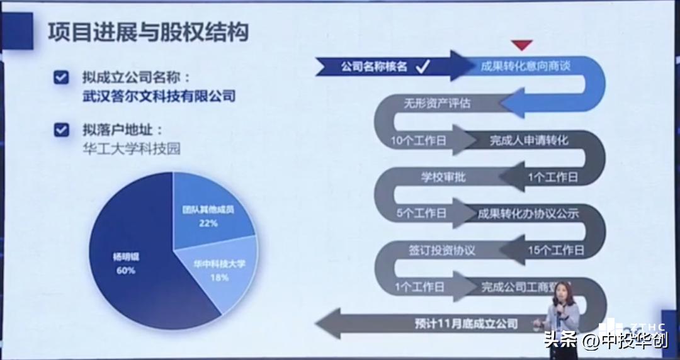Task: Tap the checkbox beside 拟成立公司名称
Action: coord(61,77)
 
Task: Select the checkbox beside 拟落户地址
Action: coord(61,130)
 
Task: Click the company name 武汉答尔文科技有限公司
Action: coord(159,96)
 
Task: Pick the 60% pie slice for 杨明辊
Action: coord(126,264)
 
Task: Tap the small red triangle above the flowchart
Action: coord(521,45)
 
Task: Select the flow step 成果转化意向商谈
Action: coord(525,66)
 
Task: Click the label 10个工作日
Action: coord(418,140)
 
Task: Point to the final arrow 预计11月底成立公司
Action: coord(466,324)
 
